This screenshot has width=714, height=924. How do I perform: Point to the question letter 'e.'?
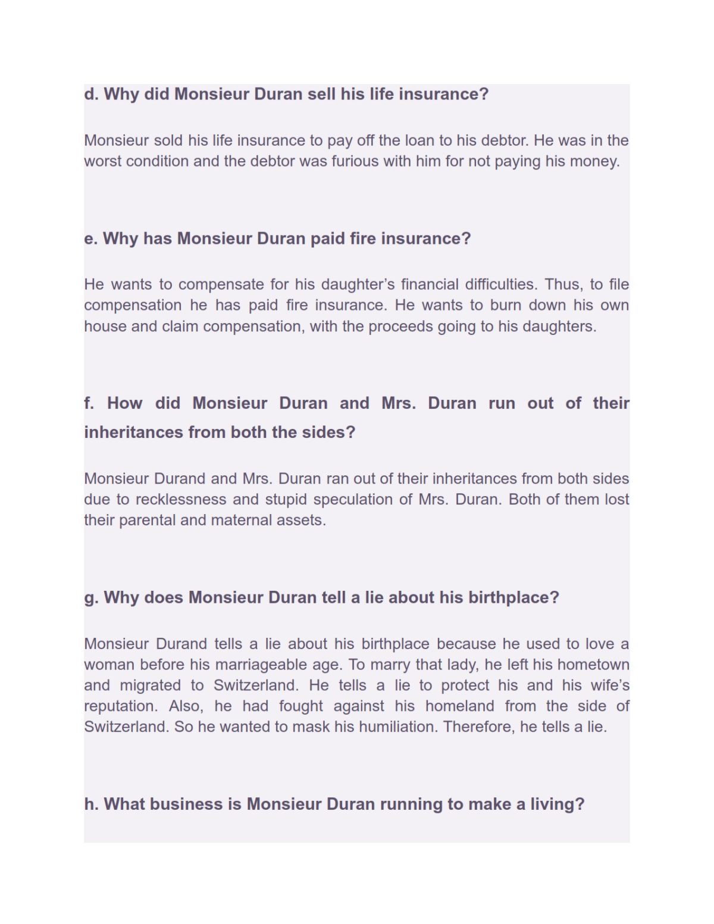coord(90,239)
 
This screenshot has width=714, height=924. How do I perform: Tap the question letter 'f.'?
coord(89,403)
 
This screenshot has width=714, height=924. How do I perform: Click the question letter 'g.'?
coord(91,597)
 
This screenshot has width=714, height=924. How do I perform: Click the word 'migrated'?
coord(150,685)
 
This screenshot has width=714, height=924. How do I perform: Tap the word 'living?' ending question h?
coord(557,804)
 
